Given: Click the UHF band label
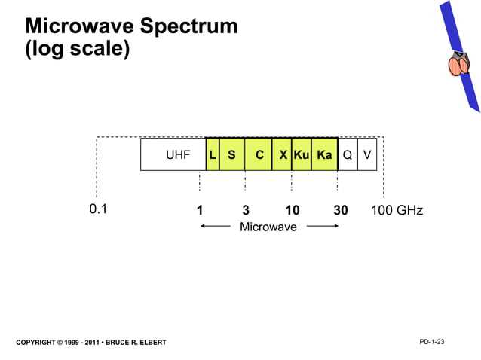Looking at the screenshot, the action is point(178,155).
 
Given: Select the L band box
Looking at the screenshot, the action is point(213,155).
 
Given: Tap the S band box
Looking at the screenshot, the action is point(231,155).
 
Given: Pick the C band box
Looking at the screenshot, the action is point(259,155).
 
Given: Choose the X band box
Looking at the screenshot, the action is point(282,155).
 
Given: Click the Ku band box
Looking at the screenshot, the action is point(302,155).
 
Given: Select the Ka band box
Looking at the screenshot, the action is point(324,155).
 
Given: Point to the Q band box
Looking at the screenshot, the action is point(347,155).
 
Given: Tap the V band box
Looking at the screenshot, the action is point(366,155).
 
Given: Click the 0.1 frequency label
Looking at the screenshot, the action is point(98,209).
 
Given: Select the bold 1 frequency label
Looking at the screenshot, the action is point(199,210).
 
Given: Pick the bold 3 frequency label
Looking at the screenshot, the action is point(246,210).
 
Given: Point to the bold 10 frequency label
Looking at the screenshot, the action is point(293,210).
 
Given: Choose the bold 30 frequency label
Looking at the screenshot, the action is point(340,210).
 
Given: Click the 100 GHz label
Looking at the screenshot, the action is point(397,210).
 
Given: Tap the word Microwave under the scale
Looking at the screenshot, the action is point(268,227).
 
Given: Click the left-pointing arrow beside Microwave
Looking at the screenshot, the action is point(215,225).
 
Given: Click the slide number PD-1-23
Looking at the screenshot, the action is point(431,343).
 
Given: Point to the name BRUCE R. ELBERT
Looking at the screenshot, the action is point(136,343).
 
